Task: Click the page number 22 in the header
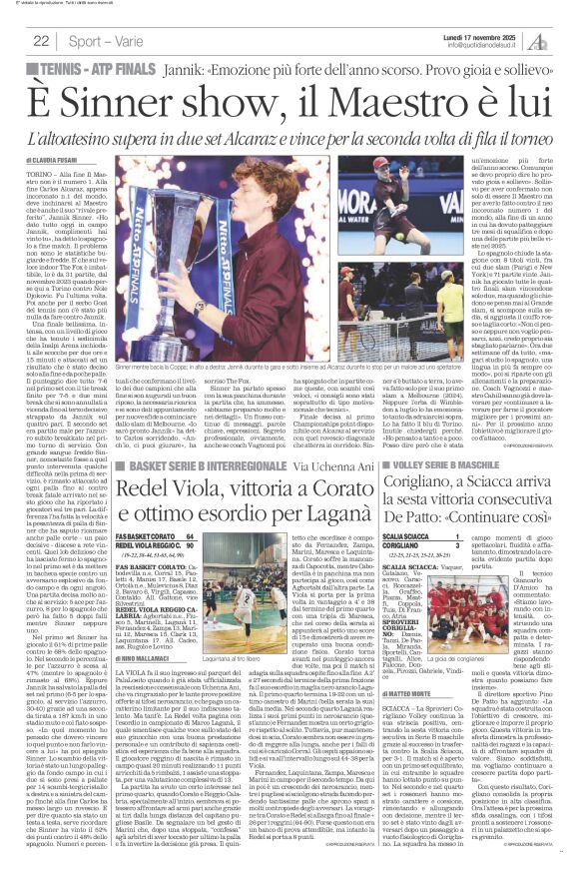(x=42, y=41)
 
